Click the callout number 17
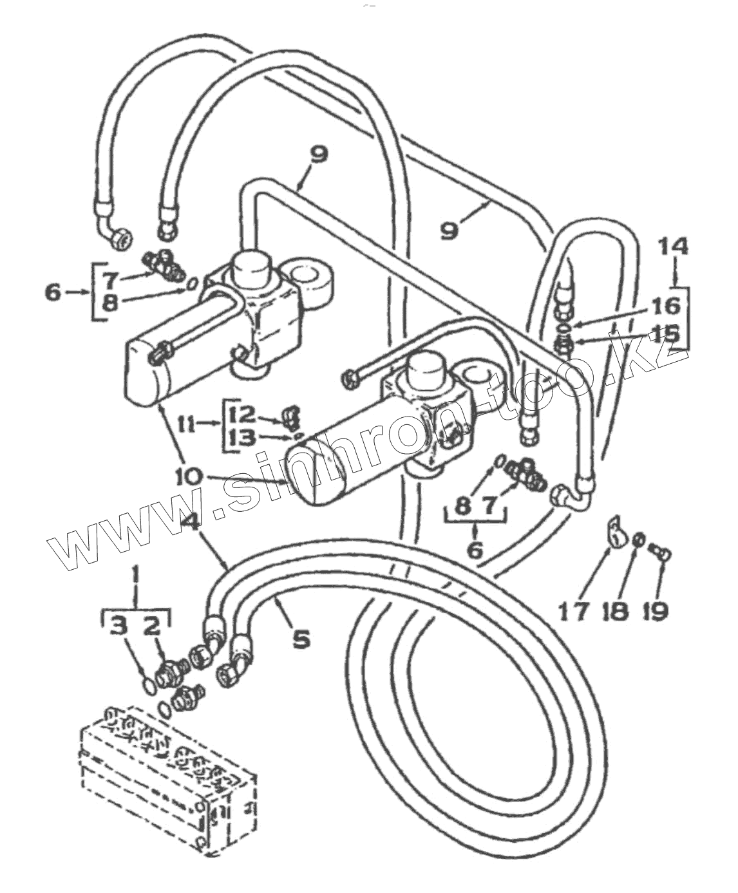(x=572, y=610)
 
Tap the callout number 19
(x=656, y=610)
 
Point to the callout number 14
(x=674, y=247)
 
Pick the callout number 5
(x=301, y=639)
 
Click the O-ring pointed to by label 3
(x=147, y=685)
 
